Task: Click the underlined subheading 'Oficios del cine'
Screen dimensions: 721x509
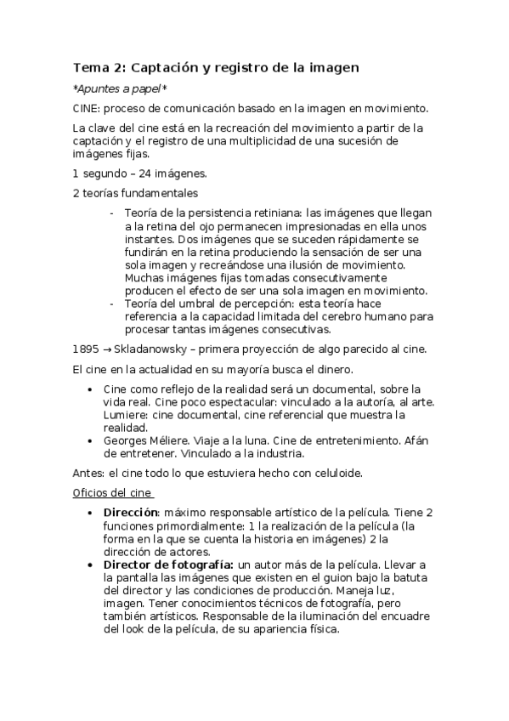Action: coord(112,492)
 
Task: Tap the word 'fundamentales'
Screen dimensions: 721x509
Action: coord(156,194)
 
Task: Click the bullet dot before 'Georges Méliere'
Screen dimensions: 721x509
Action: coord(91,441)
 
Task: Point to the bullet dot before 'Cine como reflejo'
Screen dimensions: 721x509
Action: coord(91,389)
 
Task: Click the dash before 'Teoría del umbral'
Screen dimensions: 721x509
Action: coord(113,304)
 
